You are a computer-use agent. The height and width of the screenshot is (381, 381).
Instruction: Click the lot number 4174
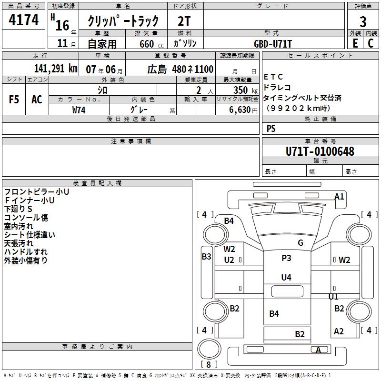point(24,20)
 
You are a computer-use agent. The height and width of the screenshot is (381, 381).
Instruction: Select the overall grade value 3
point(363,21)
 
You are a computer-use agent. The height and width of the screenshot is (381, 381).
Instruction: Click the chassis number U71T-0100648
point(320,152)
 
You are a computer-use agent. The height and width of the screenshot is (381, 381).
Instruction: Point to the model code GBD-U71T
point(273,44)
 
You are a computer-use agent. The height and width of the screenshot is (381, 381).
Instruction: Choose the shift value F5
point(14,99)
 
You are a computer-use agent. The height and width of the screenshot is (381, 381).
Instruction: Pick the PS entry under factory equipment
point(271,128)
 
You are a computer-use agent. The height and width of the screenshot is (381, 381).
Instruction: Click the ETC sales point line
point(273,77)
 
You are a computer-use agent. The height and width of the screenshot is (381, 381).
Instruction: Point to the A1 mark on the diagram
point(339,196)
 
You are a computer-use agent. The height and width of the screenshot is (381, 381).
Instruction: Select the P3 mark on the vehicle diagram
point(286,258)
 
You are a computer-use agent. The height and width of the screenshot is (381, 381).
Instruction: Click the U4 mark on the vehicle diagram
point(286,277)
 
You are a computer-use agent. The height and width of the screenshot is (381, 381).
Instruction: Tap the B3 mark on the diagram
point(206,257)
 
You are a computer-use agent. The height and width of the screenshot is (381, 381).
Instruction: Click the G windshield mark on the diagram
point(301,242)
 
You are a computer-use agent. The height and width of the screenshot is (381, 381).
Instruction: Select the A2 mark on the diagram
point(339,331)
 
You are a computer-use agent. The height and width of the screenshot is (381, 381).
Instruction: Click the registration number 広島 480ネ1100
point(180,69)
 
